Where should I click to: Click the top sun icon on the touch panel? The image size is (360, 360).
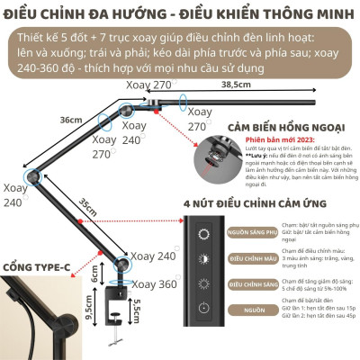[x=204, y=234]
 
